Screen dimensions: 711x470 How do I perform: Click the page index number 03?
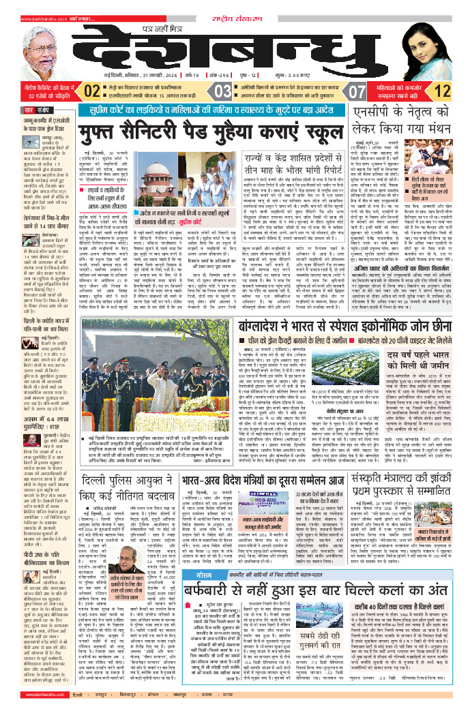point(222,91)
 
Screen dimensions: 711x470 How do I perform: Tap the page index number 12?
point(441,91)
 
